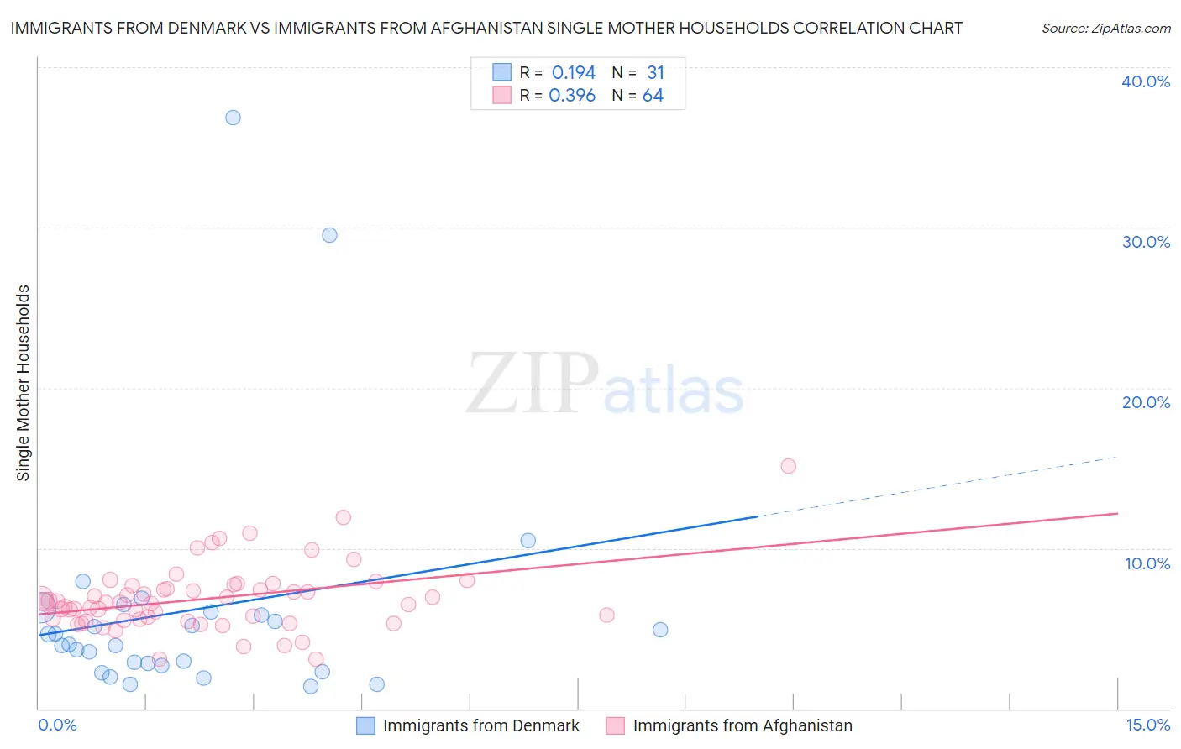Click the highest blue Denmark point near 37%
233,118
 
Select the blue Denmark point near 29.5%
329,235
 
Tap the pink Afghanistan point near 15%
788,466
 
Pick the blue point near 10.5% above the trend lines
528,541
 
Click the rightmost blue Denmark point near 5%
660,630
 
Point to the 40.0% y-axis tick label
1146,81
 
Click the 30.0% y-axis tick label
1146,242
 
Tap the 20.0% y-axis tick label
1146,402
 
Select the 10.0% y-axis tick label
1147,563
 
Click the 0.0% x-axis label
57,725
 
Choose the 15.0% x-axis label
1147,725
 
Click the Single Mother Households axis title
24,383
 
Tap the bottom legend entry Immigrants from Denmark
480,725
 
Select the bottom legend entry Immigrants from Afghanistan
742,725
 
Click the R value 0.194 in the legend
573,73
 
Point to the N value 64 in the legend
653,96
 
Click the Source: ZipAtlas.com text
1105,29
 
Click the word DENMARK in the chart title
207,28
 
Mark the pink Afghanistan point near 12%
343,517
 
